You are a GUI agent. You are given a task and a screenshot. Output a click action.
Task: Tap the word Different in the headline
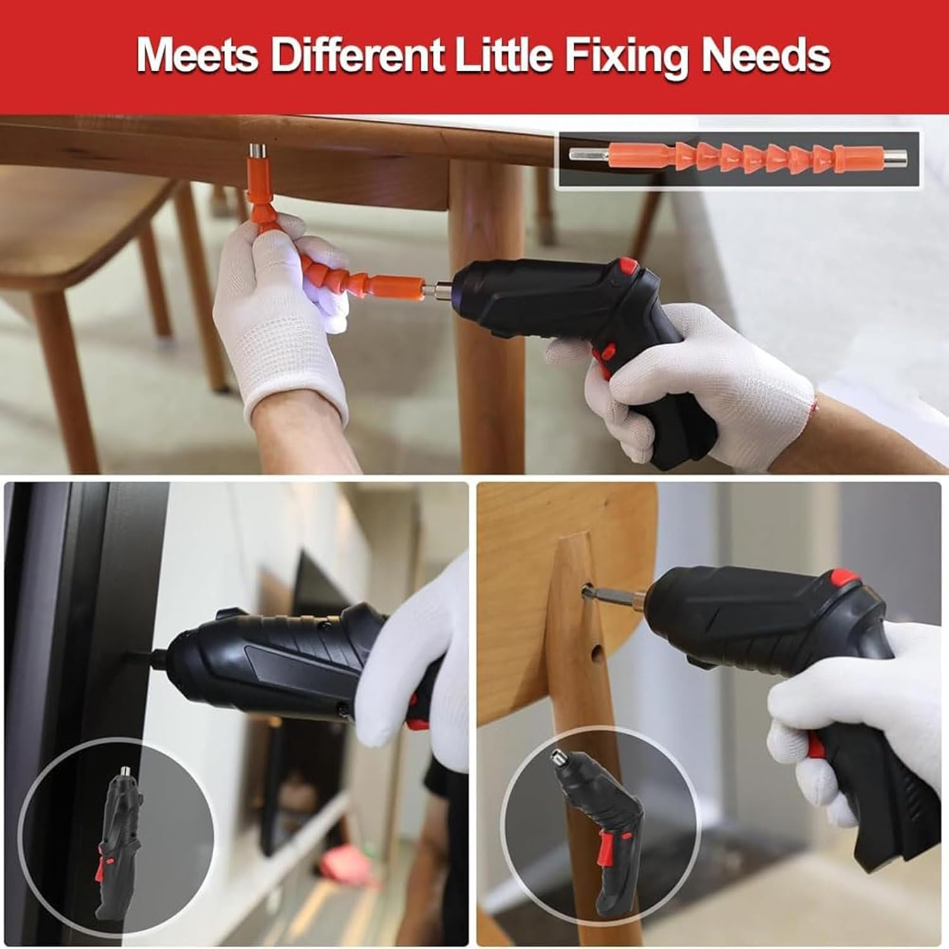pos(358,56)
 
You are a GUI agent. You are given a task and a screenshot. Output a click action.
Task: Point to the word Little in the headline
pos(504,56)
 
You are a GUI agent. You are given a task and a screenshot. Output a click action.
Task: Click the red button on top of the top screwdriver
pos(628,266)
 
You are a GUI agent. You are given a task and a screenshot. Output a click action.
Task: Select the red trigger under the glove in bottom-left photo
pos(416,712)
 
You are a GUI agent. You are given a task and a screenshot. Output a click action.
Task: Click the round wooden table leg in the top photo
pos(487,316)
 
